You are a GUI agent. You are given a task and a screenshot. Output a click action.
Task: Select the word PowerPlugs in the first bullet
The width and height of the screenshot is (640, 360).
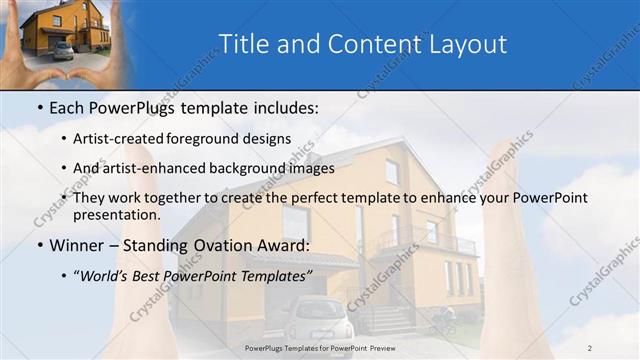(130, 107)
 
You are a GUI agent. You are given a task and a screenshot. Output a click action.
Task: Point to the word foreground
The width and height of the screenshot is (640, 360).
(207, 139)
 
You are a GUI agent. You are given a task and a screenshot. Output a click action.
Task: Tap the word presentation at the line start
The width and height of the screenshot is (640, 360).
(116, 215)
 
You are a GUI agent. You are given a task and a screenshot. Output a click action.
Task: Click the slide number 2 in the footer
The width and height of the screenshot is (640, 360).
(590, 348)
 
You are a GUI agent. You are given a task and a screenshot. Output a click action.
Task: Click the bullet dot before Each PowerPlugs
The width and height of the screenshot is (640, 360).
(39, 108)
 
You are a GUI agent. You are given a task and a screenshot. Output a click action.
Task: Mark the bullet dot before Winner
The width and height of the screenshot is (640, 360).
(39, 246)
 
